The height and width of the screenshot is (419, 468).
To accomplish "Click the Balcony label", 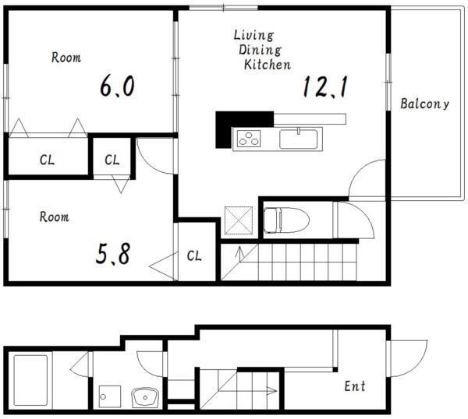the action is pyautogui.click(x=424, y=104).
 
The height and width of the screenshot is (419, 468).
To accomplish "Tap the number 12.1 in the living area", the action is pyautogui.click(x=325, y=86).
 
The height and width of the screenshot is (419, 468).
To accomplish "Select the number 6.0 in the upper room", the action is pyautogui.click(x=117, y=86).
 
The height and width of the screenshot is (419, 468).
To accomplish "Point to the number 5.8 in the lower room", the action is pyautogui.click(x=113, y=254).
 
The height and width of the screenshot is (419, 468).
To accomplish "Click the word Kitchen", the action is pyautogui.click(x=268, y=64).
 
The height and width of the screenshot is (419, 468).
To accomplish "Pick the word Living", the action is pyautogui.click(x=253, y=36).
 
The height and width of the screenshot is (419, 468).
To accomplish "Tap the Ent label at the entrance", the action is pyautogui.click(x=355, y=386).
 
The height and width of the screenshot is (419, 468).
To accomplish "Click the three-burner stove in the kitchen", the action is pyautogui.click(x=249, y=139).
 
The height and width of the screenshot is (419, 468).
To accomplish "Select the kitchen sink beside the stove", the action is pyautogui.click(x=298, y=139).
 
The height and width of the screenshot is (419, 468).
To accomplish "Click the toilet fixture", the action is pyautogui.click(x=286, y=220).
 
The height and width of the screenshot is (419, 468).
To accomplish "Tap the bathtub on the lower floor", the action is pyautogui.click(x=30, y=380).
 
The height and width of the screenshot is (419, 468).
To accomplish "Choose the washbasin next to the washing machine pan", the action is pyautogui.click(x=145, y=396).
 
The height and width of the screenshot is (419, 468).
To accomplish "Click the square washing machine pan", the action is pyautogui.click(x=110, y=396).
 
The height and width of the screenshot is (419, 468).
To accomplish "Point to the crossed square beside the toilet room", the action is pyautogui.click(x=239, y=220).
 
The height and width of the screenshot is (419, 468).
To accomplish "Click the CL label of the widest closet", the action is pyautogui.click(x=47, y=160).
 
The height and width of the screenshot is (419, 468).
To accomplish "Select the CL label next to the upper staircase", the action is pyautogui.click(x=194, y=255).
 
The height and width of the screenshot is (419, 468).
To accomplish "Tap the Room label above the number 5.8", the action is pyautogui.click(x=55, y=217).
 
